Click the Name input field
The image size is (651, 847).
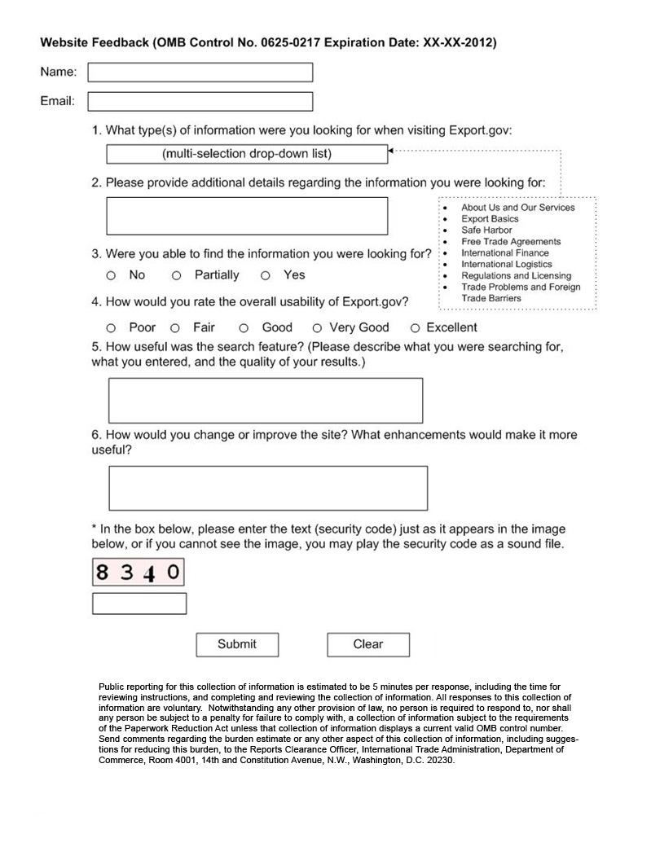pyautogui.click(x=200, y=72)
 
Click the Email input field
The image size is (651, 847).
pyautogui.click(x=200, y=102)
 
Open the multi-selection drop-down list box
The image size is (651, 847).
pyautogui.click(x=246, y=154)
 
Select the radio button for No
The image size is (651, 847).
pyautogui.click(x=111, y=276)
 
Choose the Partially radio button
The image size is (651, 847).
pyautogui.click(x=176, y=276)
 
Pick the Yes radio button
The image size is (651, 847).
pyautogui.click(x=266, y=276)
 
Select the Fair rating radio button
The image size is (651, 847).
pyautogui.click(x=175, y=328)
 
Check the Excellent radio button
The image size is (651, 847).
pyautogui.click(x=415, y=328)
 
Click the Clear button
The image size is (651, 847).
pyautogui.click(x=368, y=644)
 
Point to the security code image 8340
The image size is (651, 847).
pyautogui.click(x=138, y=572)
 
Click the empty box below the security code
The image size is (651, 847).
pyautogui.click(x=139, y=603)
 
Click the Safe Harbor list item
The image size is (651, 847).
pyautogui.click(x=486, y=230)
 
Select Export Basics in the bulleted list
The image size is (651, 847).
pyautogui.click(x=490, y=219)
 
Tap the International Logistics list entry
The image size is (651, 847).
pyautogui.click(x=506, y=265)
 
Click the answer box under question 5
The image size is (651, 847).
pyautogui.click(x=266, y=400)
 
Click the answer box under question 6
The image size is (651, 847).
pyautogui.click(x=267, y=488)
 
